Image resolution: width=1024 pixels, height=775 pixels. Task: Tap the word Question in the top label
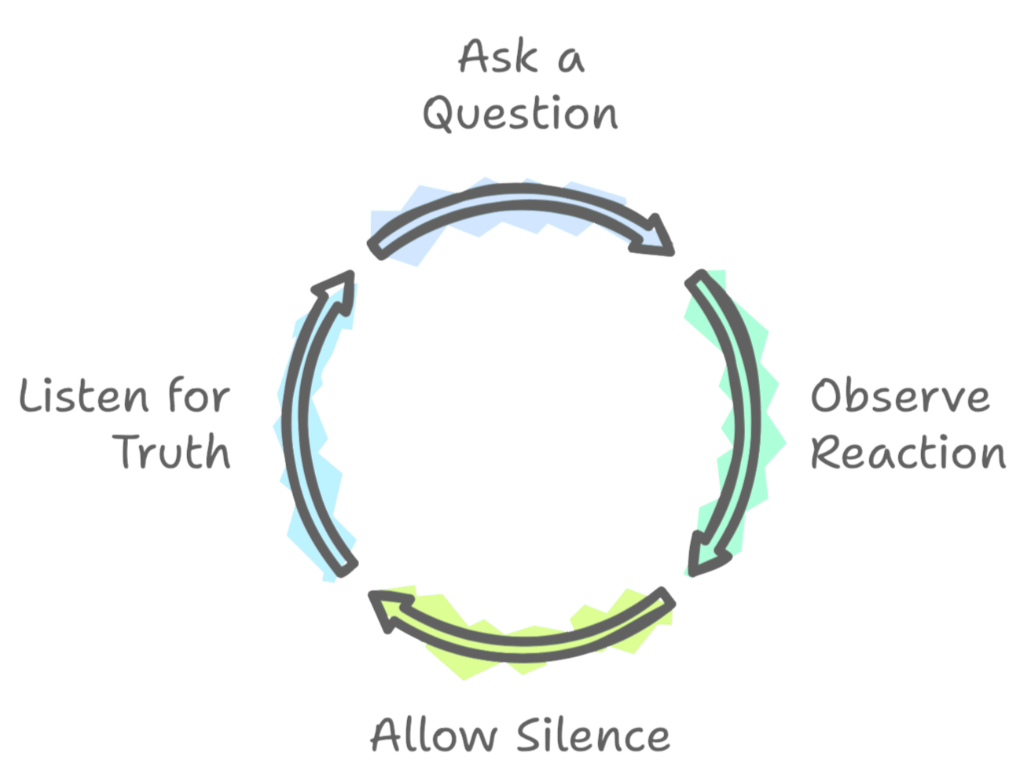(x=520, y=113)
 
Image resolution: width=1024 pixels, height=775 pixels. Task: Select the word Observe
(x=900, y=395)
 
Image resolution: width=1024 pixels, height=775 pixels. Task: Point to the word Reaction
(x=908, y=452)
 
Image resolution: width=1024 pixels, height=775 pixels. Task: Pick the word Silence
(x=593, y=734)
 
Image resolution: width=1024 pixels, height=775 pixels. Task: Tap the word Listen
(x=83, y=395)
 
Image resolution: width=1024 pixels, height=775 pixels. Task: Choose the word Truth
(x=171, y=451)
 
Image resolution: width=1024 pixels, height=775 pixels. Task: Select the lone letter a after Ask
(x=571, y=61)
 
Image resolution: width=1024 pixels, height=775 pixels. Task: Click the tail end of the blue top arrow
(x=376, y=251)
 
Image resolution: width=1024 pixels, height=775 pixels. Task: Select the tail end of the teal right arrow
(x=695, y=278)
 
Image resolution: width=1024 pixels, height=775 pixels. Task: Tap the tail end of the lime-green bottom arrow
(x=666, y=598)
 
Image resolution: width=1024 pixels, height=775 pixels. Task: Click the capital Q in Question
(x=439, y=114)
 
